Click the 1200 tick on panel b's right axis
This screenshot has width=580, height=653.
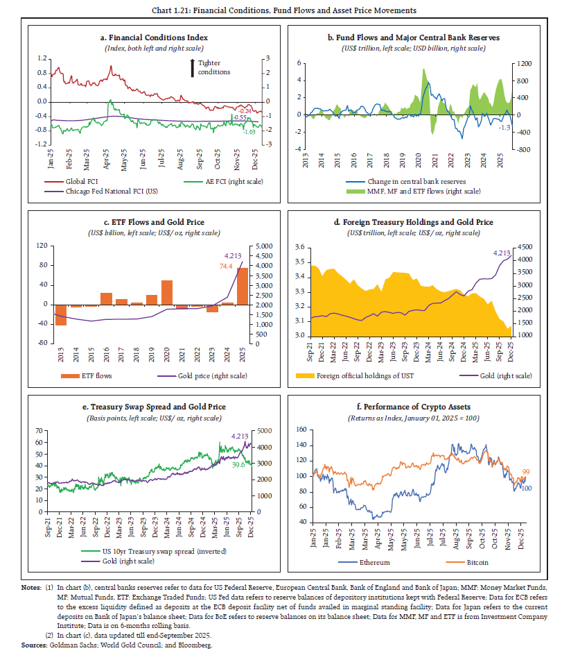click(522, 63)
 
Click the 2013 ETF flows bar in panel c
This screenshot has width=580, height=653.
click(61, 314)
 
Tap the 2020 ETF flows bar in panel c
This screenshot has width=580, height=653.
click(167, 292)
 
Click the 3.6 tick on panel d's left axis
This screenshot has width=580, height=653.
click(299, 247)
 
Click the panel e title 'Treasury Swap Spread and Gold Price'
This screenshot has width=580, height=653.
click(154, 406)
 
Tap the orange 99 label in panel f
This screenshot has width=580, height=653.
click(527, 471)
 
